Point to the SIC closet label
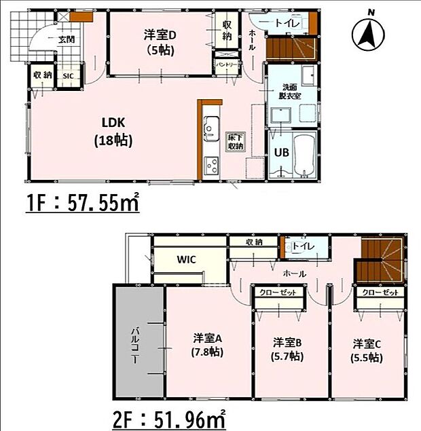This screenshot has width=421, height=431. pyautogui.click(x=68, y=76)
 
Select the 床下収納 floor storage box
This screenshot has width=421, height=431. pyautogui.click(x=235, y=143)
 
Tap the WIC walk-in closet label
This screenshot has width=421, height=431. pyautogui.click(x=187, y=259)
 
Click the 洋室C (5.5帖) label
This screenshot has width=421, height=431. pyautogui.click(x=366, y=348)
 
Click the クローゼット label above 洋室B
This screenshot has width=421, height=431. pyautogui.click(x=275, y=293)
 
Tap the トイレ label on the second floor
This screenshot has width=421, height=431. pyautogui.click(x=304, y=246)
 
